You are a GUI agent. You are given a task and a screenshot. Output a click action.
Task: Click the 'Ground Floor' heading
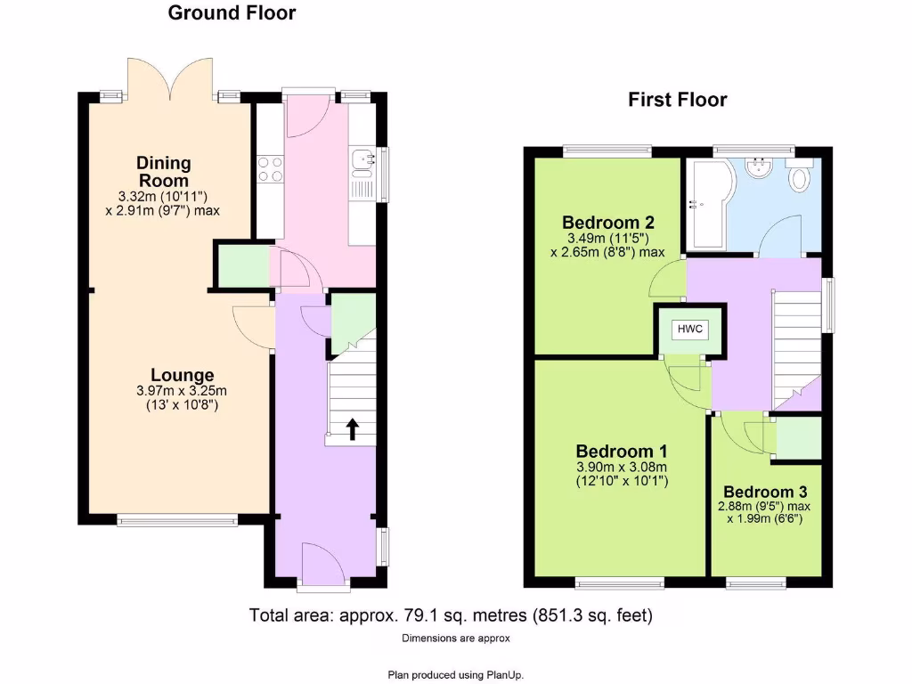232,12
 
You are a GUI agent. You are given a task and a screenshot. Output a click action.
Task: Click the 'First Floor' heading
677,100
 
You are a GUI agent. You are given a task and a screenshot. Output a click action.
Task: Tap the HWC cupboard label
690,329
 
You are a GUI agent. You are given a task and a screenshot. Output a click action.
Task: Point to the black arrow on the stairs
352,428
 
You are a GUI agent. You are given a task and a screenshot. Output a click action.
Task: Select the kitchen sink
362,160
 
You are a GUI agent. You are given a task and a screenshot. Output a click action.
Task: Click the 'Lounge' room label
182,376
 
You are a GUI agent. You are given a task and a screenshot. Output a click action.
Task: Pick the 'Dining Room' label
163,171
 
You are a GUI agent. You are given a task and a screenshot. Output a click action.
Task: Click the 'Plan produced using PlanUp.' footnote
455,674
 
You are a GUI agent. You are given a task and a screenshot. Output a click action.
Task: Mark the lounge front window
177,519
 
